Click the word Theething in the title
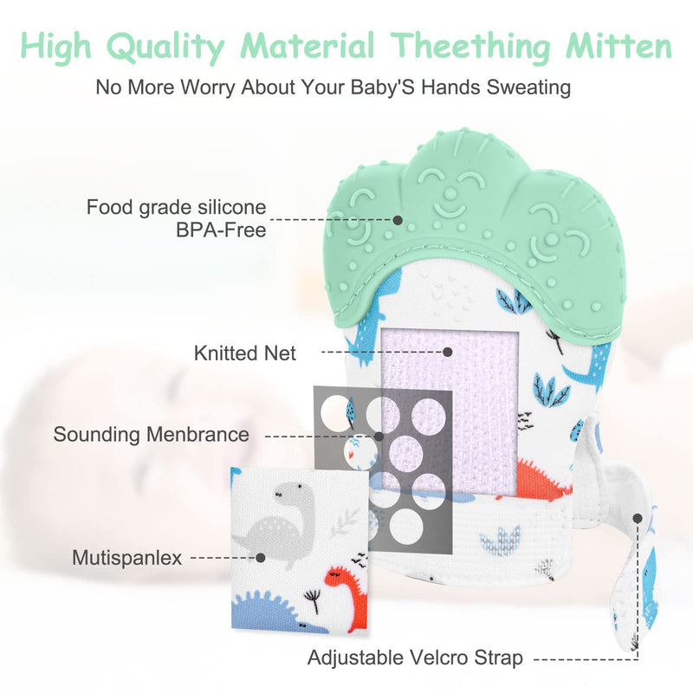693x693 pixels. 470,47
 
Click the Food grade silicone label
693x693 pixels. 177,207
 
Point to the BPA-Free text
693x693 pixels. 221,230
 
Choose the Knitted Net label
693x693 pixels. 245,353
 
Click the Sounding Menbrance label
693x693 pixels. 151,435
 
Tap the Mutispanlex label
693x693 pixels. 126,558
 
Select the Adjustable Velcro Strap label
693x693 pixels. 415,657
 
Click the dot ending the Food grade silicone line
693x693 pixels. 398,220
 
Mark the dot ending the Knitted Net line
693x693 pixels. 448,352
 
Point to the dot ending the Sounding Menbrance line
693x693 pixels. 379,437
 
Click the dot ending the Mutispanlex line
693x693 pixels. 261,558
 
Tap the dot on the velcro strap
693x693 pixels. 637,518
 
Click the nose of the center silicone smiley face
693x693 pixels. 450,193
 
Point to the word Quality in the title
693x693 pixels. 165,47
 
